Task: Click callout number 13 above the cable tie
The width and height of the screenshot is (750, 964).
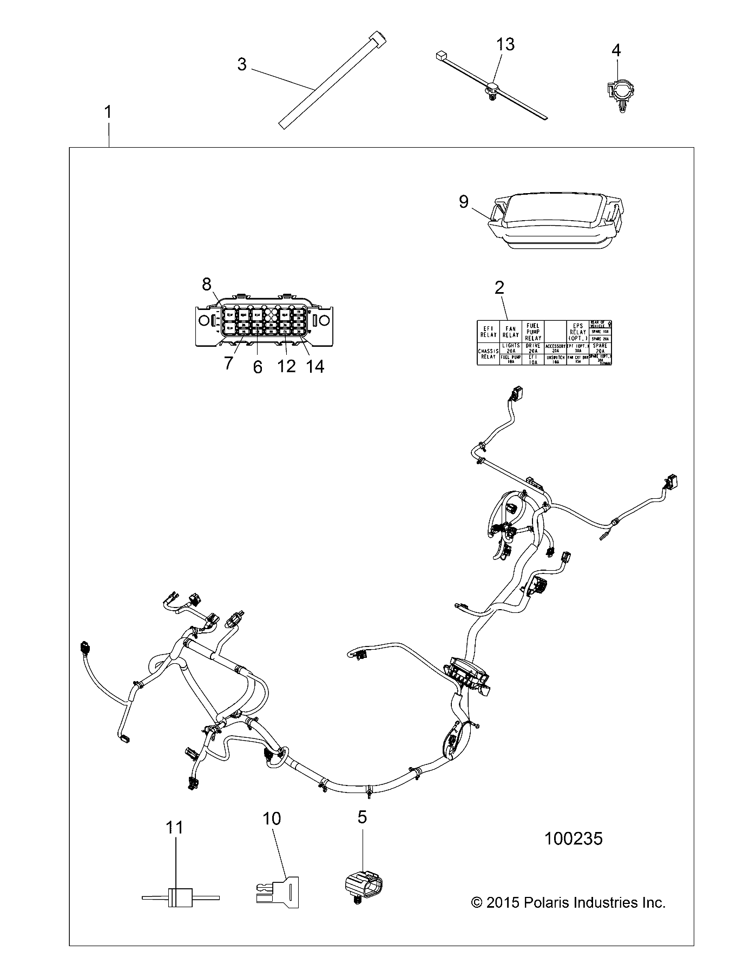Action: (x=505, y=44)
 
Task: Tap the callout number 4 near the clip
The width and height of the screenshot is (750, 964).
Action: (x=616, y=50)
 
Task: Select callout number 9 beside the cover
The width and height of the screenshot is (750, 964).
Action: (x=464, y=202)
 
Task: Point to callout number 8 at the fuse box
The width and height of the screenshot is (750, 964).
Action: (x=207, y=283)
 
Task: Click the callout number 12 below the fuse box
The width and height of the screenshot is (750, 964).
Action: (x=286, y=366)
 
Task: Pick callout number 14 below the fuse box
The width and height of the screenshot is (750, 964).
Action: (x=315, y=366)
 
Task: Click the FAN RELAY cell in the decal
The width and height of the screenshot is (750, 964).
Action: (x=510, y=331)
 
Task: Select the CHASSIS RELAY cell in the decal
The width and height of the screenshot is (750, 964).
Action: (x=488, y=354)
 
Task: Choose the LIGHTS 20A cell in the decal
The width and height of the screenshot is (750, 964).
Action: (x=511, y=348)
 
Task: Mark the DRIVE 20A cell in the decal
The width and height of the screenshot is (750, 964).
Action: (x=533, y=348)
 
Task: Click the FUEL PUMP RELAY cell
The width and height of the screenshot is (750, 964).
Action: (x=533, y=331)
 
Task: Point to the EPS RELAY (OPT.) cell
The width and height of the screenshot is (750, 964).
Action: (x=577, y=331)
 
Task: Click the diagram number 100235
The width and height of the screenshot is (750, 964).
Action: (x=573, y=838)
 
